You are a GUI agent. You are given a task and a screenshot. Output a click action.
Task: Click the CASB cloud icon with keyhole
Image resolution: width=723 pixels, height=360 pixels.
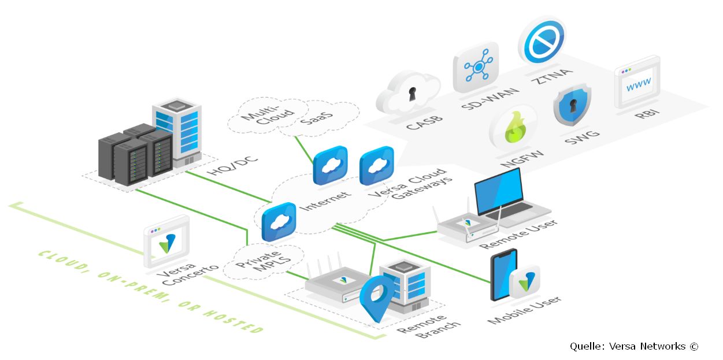pyautogui.click(x=409, y=92)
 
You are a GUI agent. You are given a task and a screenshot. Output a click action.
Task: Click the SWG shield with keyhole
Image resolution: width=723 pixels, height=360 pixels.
pyautogui.click(x=572, y=105)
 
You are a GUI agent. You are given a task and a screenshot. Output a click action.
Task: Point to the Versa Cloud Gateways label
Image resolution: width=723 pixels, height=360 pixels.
pyautogui.click(x=409, y=185)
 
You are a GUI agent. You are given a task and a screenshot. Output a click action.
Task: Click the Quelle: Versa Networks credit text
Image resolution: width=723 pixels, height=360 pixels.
pyautogui.click(x=633, y=346)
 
